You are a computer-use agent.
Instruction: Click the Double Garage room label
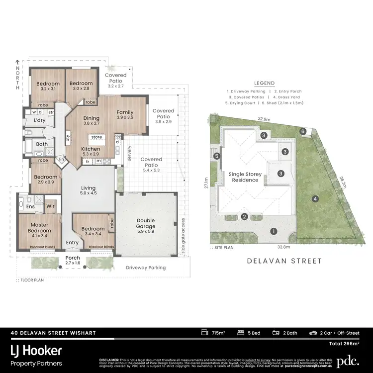coord(145,223)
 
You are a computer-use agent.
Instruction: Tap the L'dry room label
coord(40,121)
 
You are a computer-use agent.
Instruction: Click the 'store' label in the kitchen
coord(96,138)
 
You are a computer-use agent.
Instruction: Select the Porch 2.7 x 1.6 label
coord(73,261)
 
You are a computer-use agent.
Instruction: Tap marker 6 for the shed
coord(303,131)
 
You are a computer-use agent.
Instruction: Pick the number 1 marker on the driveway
coord(273,231)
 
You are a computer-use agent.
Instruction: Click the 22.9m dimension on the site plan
coord(264,119)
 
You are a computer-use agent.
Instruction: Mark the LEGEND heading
coord(264,84)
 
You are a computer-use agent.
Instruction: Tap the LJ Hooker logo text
coord(37,350)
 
